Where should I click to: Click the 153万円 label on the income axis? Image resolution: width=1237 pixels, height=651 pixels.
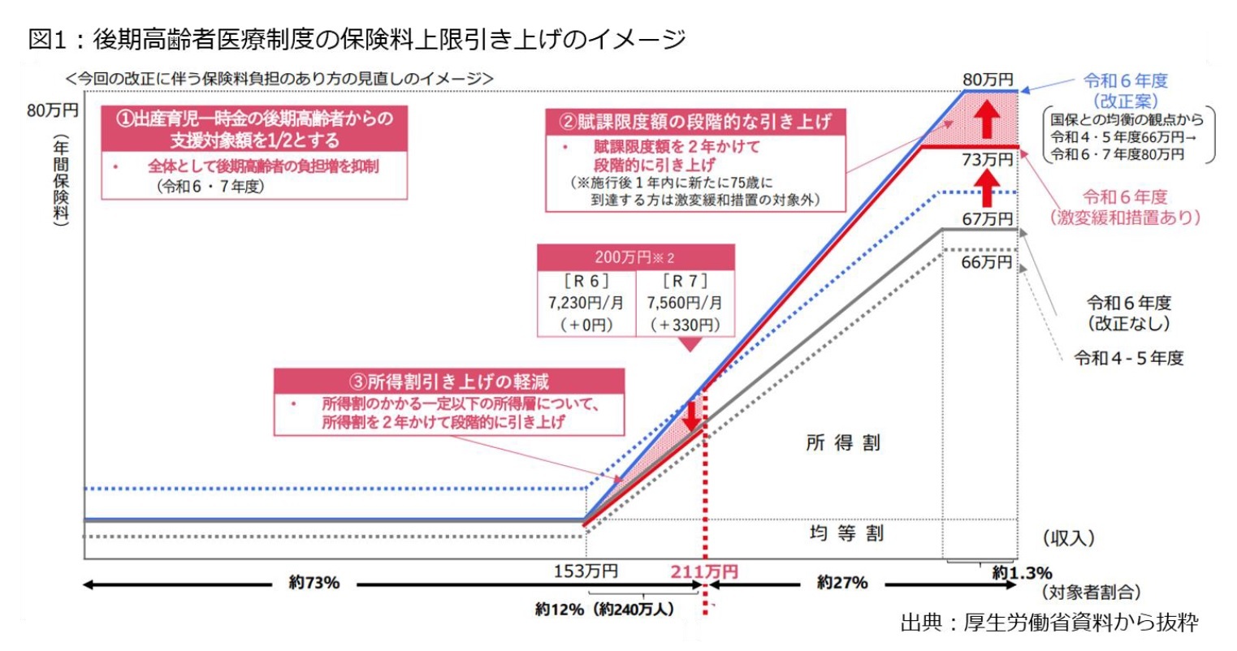(x=585, y=571)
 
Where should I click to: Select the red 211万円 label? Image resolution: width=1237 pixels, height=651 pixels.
(x=703, y=571)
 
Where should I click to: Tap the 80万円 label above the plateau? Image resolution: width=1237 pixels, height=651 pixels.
(x=988, y=80)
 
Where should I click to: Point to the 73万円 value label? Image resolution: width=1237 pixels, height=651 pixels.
(x=987, y=160)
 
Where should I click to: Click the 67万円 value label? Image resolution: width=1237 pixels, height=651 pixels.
(x=987, y=219)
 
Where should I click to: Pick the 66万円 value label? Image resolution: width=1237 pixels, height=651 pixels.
(x=987, y=262)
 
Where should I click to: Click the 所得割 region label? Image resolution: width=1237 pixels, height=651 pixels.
(x=842, y=442)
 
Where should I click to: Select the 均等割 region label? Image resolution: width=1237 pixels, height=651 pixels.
(x=846, y=533)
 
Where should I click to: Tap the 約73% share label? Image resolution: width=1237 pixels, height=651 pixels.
(x=314, y=583)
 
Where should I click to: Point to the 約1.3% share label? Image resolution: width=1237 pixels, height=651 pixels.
(x=1022, y=573)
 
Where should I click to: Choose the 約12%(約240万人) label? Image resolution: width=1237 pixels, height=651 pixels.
(x=604, y=609)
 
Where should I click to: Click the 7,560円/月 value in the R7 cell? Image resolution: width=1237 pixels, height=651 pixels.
(x=684, y=303)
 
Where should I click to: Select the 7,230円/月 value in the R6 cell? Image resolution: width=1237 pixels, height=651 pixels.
(x=586, y=303)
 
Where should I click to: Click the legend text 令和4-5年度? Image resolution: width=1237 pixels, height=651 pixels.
(x=1128, y=358)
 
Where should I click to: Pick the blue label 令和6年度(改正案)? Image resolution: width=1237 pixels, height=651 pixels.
(x=1125, y=90)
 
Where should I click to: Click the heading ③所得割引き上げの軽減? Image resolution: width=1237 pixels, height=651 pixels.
(x=448, y=382)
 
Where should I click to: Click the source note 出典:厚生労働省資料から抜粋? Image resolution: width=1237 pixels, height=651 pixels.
(x=1049, y=623)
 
